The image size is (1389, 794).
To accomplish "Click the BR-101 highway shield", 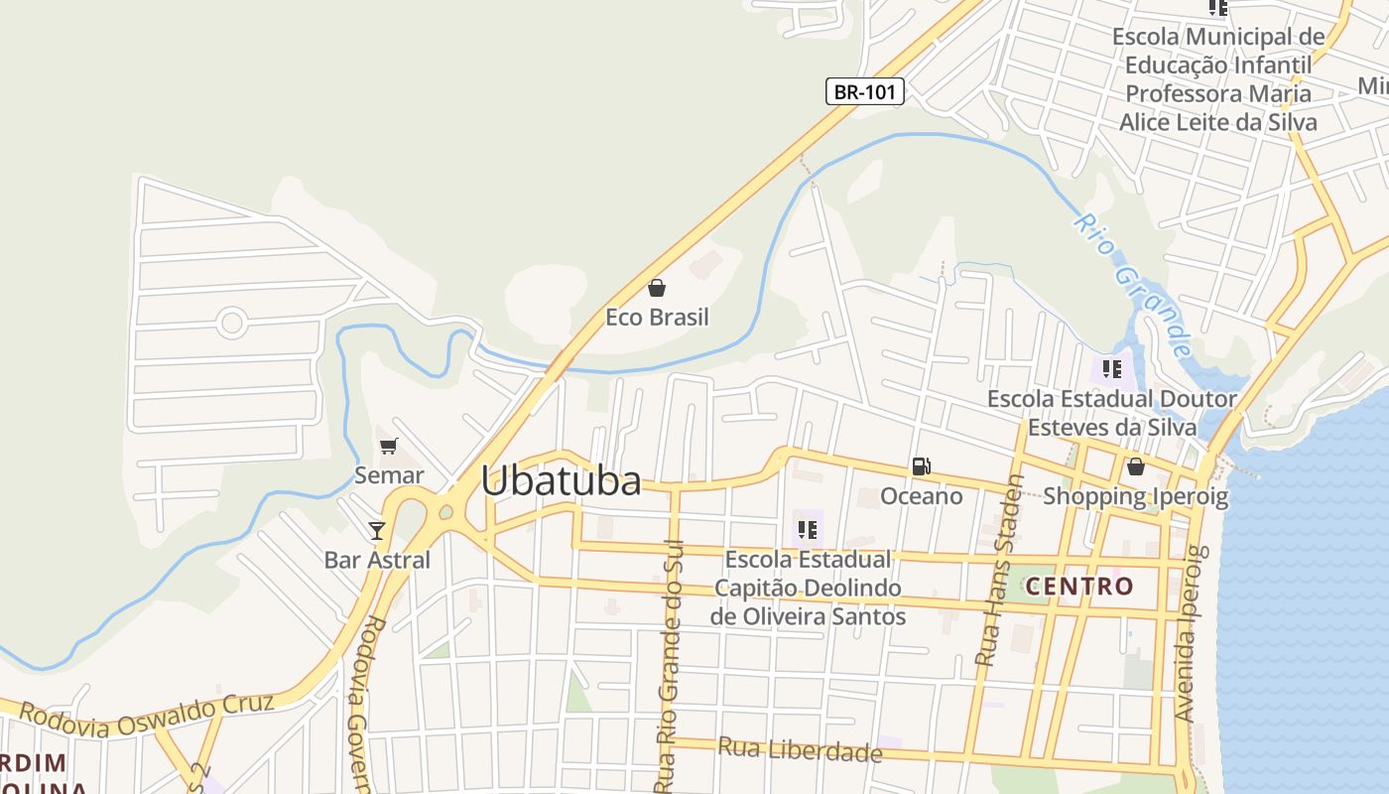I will [864, 92].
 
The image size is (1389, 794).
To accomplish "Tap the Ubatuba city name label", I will [561, 481].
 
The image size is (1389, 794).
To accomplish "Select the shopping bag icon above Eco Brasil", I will [656, 289].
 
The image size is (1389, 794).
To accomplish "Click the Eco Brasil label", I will [658, 318].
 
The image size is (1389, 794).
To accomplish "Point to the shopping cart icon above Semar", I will [388, 447].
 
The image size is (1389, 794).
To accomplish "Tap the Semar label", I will [389, 475].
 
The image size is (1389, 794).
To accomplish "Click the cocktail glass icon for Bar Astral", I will [377, 531].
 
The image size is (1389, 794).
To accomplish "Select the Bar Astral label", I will [377, 560].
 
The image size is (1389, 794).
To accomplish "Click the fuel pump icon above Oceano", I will [921, 466].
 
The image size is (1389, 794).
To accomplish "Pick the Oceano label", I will [922, 495].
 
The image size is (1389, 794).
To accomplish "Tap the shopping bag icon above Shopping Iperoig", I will [1135, 466].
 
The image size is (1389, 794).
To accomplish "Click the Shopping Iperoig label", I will [1135, 495].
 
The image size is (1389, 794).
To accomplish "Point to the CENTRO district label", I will [1079, 586].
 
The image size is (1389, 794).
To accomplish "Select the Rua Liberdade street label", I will [800, 750].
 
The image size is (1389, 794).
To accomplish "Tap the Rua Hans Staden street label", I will [999, 571].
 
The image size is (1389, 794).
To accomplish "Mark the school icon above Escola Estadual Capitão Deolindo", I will [808, 530].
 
